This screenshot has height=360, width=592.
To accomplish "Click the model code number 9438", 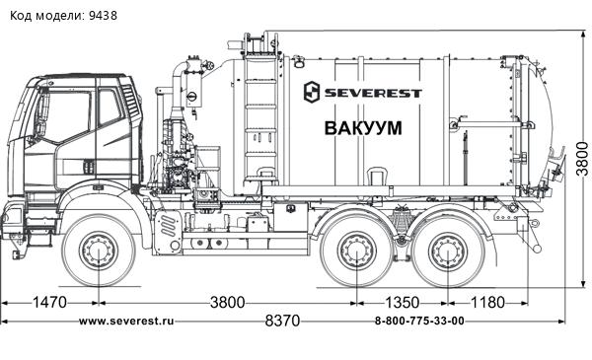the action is click(103, 16).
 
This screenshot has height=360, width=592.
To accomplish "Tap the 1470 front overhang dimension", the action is click(50, 302).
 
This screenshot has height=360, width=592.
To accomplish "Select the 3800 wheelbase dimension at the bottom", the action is click(227, 302).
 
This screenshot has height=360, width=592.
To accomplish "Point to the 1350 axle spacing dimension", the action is click(402, 302).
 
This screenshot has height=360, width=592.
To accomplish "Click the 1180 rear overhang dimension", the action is click(487, 302).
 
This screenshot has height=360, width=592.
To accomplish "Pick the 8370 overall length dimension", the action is click(282, 321).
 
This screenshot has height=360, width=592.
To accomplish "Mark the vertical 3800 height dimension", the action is click(582, 159).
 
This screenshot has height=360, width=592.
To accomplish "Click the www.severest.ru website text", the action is click(126, 322).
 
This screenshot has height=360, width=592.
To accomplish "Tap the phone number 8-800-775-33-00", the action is click(419, 322).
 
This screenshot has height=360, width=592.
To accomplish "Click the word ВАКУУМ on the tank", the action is click(363, 128).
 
